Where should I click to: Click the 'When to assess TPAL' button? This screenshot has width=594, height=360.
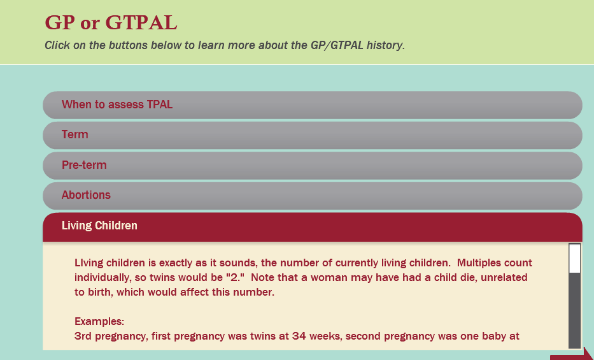tap(312, 105)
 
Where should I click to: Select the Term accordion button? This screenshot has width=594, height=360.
tap(312, 135)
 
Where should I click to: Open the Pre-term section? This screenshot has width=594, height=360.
tap(312, 166)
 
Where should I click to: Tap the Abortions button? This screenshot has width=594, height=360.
tap(312, 196)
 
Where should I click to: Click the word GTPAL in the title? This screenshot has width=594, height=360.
tap(141, 22)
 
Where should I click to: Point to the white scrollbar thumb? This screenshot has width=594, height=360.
tap(575, 259)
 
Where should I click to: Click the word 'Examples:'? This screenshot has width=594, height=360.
tap(99, 321)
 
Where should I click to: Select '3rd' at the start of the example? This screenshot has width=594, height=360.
tap(83, 336)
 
